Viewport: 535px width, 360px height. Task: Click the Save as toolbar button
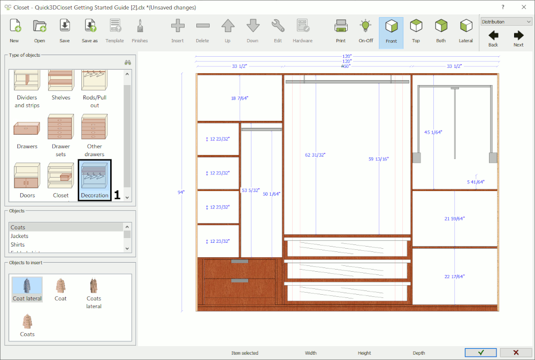(90, 30)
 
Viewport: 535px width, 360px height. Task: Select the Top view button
(416, 30)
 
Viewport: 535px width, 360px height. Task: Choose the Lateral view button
(466, 30)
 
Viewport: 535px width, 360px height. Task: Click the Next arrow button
(518, 38)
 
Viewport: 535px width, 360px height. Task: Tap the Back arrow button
(493, 38)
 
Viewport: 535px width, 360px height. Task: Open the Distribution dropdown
(506, 22)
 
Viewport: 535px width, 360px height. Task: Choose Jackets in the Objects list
(20, 236)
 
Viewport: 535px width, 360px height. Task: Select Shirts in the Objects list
(18, 244)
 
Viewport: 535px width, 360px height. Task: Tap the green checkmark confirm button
(480, 353)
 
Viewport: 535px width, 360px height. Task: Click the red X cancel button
(516, 353)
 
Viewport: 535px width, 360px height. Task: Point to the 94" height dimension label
(181, 192)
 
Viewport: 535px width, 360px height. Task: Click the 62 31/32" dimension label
(315, 155)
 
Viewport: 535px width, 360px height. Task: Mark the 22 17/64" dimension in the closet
(455, 277)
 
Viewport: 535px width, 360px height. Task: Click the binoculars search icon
(128, 62)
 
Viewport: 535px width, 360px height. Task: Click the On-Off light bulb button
(366, 30)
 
